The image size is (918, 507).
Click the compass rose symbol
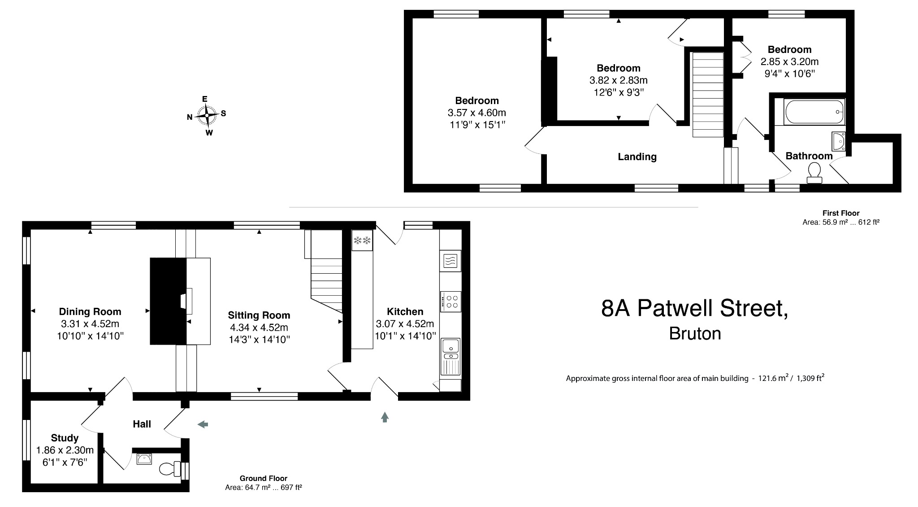207,115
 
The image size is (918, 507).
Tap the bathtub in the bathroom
814,112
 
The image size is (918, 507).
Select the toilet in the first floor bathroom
814,173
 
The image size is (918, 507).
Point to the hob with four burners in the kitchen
450,302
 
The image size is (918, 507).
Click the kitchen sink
450,346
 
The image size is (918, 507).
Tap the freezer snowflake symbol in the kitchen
362,240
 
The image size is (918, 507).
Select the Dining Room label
90,311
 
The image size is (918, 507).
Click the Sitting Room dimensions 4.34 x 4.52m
259,328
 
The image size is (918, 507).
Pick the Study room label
65,438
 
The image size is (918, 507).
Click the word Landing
637,157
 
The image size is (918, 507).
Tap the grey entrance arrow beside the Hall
203,424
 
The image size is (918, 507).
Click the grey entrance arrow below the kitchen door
385,417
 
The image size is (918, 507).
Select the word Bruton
695,333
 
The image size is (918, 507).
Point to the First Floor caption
841,213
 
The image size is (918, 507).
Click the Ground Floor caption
264,478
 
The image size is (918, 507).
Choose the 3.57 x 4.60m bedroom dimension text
477,113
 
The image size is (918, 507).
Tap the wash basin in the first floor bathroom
838,141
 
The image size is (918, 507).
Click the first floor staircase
708,94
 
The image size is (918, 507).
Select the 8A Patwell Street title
694,309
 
